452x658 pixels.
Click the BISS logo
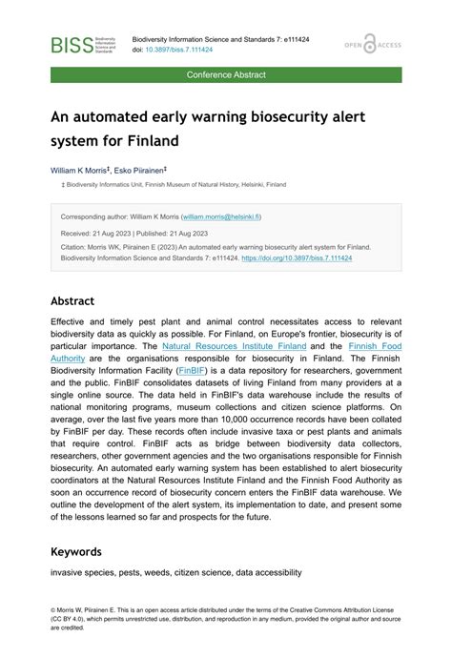[x=85, y=45]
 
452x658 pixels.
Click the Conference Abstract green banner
[x=226, y=74]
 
